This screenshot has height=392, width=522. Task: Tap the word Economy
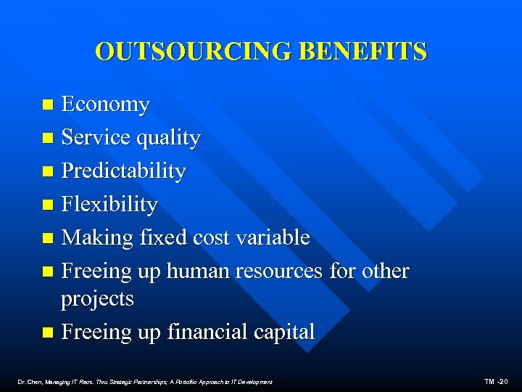point(105,105)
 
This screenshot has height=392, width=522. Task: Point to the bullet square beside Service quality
point(48,138)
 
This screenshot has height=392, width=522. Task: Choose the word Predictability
point(123,171)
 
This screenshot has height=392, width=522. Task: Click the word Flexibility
point(109,205)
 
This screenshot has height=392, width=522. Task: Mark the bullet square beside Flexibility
point(48,205)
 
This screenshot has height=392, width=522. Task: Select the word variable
point(275,237)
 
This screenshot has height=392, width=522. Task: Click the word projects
point(97,299)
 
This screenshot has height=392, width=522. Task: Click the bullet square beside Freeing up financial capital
point(48,332)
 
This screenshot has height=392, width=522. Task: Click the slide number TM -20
point(497,382)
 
